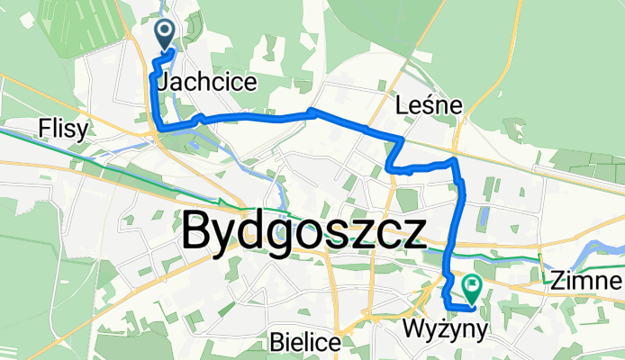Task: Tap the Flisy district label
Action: pyautogui.click(x=64, y=130)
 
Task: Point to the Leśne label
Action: pyautogui.click(x=430, y=106)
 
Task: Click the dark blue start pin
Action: pyautogui.click(x=167, y=33)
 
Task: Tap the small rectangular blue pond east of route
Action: pyautogui.click(x=484, y=218)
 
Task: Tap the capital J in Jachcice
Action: pyautogui.click(x=161, y=82)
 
